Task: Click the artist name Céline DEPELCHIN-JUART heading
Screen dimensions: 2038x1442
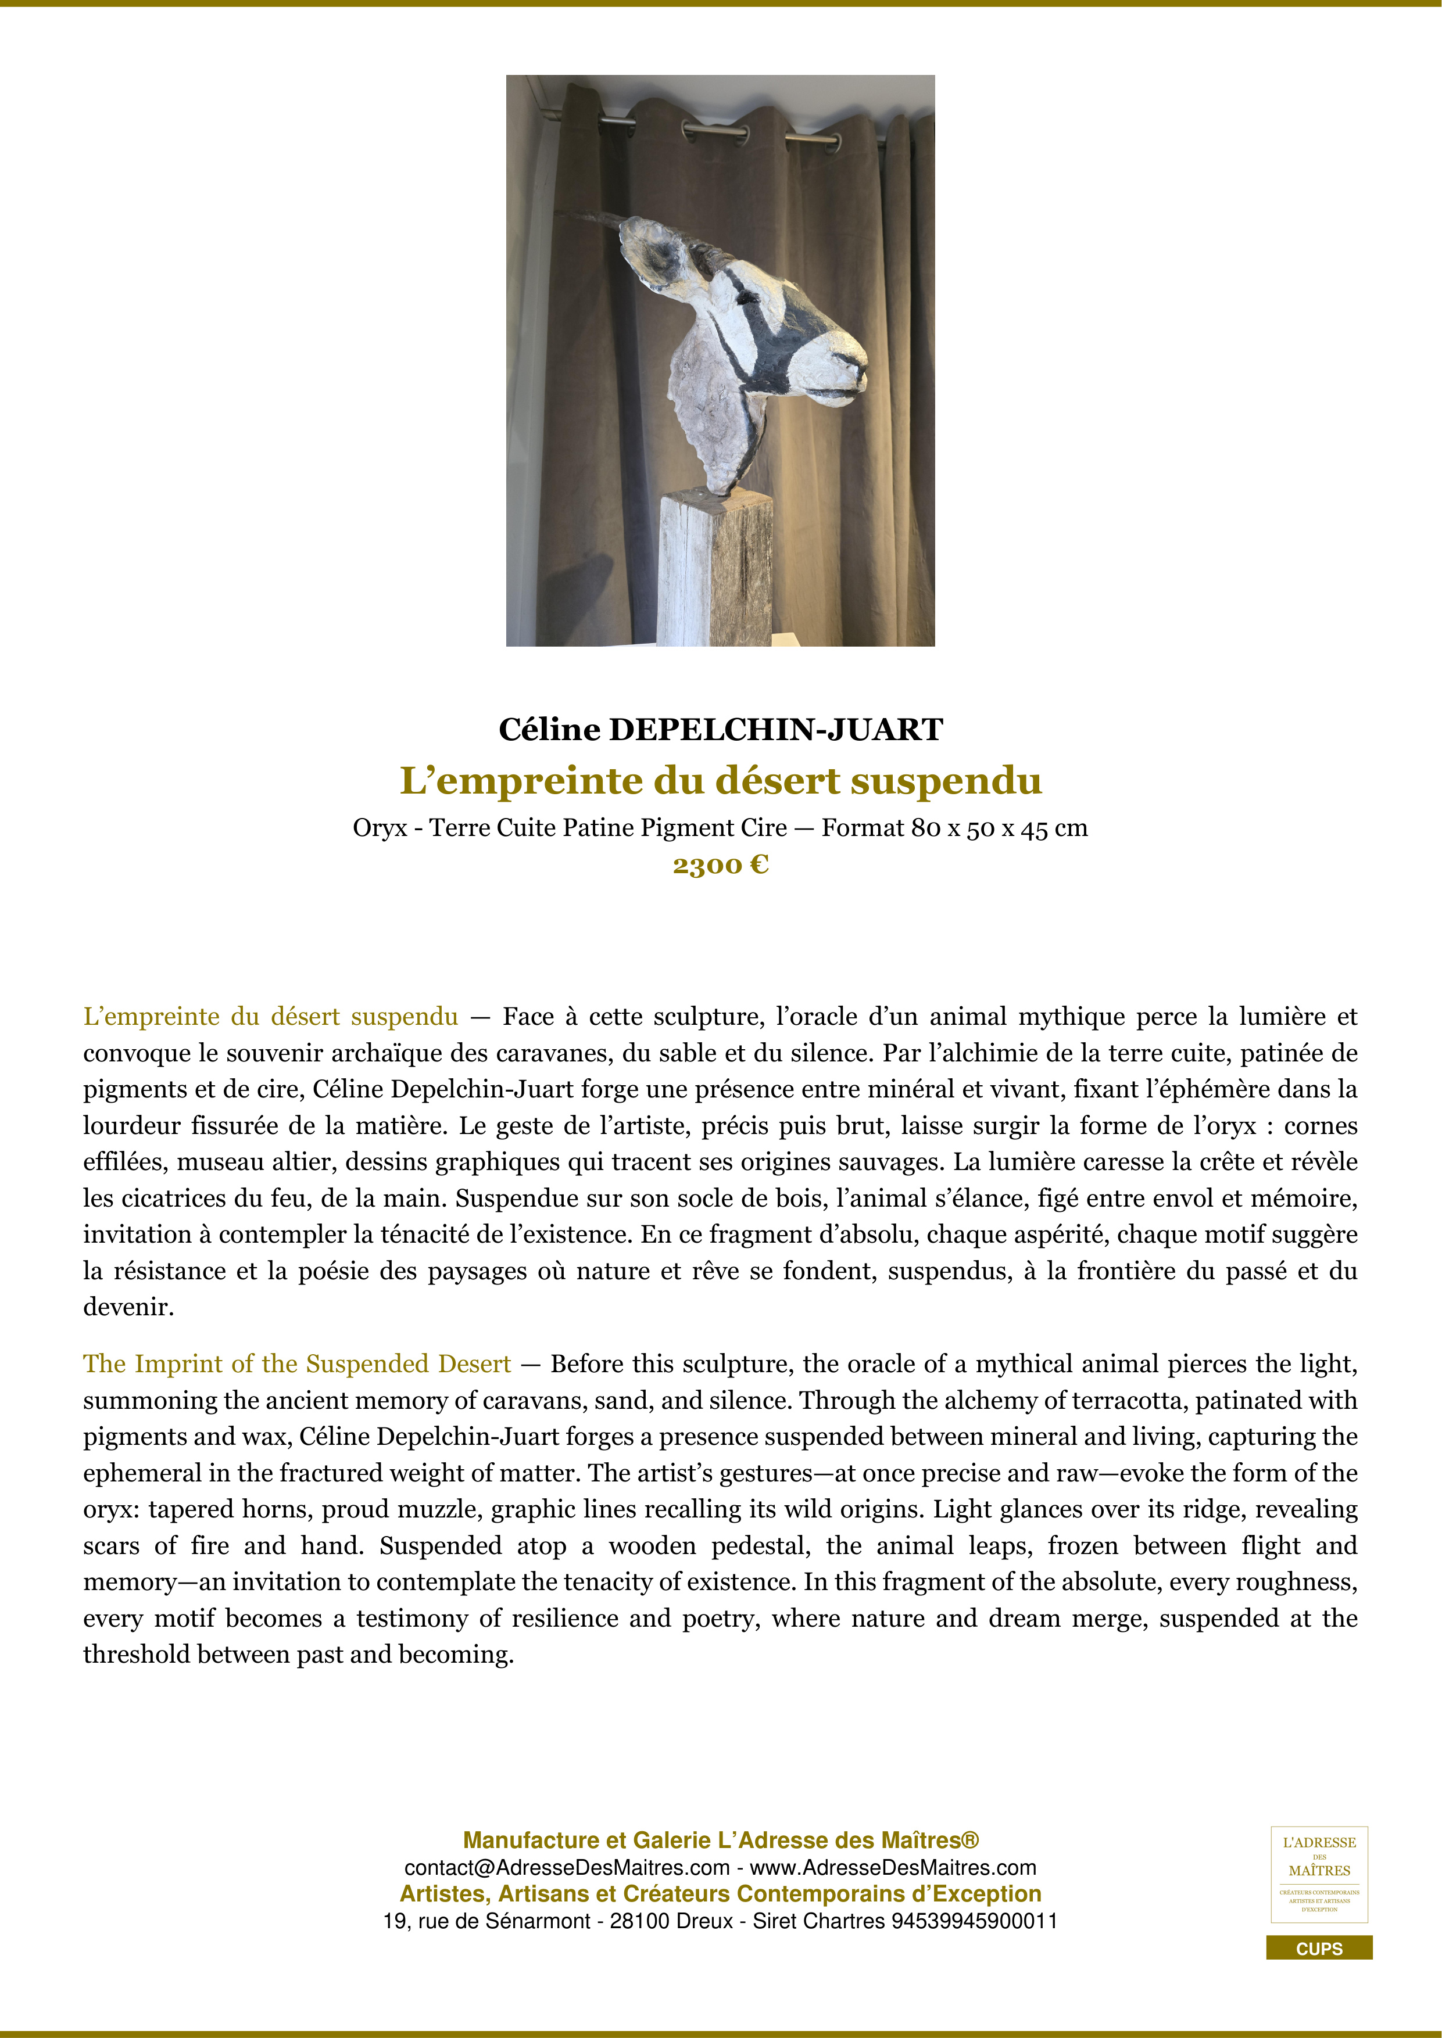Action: pyautogui.click(x=720, y=730)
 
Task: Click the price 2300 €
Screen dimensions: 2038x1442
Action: pyautogui.click(x=720, y=864)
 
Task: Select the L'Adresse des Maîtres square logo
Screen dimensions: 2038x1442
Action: pyautogui.click(x=1319, y=1874)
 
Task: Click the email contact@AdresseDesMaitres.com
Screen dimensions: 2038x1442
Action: pyautogui.click(x=567, y=1868)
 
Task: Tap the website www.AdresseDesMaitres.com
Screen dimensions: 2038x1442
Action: pyautogui.click(x=893, y=1868)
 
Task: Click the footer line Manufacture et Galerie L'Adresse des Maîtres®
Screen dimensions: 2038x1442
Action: pyautogui.click(x=720, y=1840)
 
